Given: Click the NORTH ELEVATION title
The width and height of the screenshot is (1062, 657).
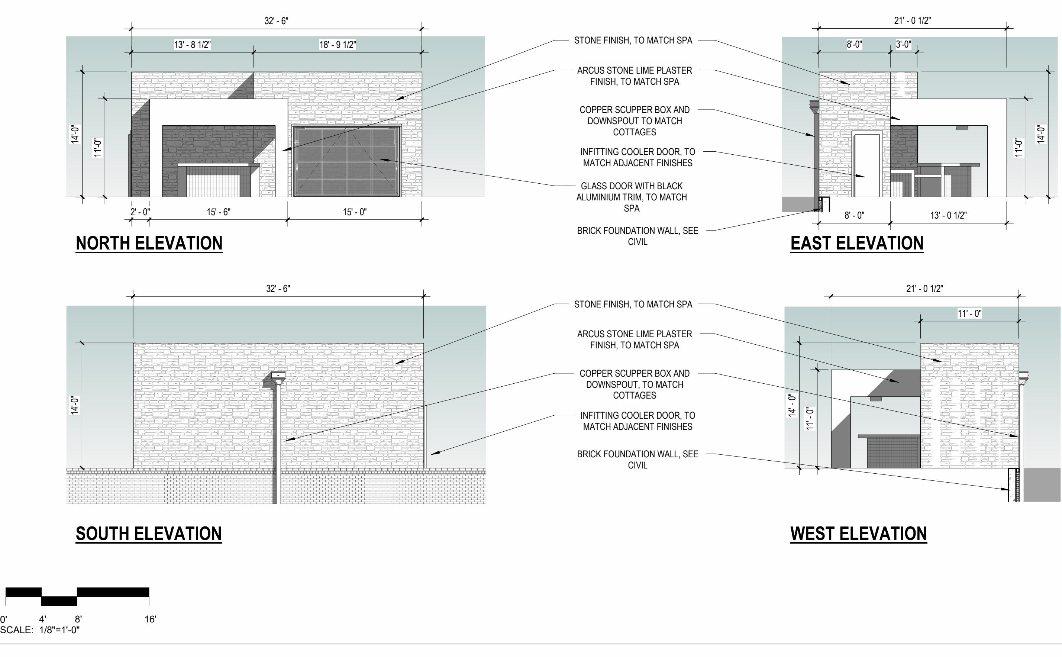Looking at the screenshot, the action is tap(149, 243).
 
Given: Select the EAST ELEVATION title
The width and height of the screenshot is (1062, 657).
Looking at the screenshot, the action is tap(857, 243).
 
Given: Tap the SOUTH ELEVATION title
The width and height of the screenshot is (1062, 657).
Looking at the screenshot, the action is tap(149, 534).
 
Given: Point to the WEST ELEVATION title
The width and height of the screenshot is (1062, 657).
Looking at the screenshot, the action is tap(859, 534).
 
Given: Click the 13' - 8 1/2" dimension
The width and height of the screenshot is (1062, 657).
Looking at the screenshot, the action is tap(193, 45).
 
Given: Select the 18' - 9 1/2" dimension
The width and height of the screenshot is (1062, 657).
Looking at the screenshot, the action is tap(338, 45).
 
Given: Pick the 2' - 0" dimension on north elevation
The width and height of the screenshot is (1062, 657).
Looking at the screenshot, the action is tap(140, 212).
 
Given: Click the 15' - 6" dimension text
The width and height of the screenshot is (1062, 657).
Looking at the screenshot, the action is tap(219, 212).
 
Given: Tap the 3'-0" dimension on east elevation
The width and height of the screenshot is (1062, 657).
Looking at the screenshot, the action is tap(903, 45).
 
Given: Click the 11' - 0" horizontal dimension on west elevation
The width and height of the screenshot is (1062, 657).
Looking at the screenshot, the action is tap(969, 314).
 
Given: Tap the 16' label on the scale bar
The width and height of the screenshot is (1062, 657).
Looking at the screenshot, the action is tap(150, 619).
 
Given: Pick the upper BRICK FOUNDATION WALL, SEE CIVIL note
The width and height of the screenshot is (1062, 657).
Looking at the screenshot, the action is tap(637, 236).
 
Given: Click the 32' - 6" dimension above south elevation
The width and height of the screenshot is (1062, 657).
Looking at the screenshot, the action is tap(278, 289).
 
